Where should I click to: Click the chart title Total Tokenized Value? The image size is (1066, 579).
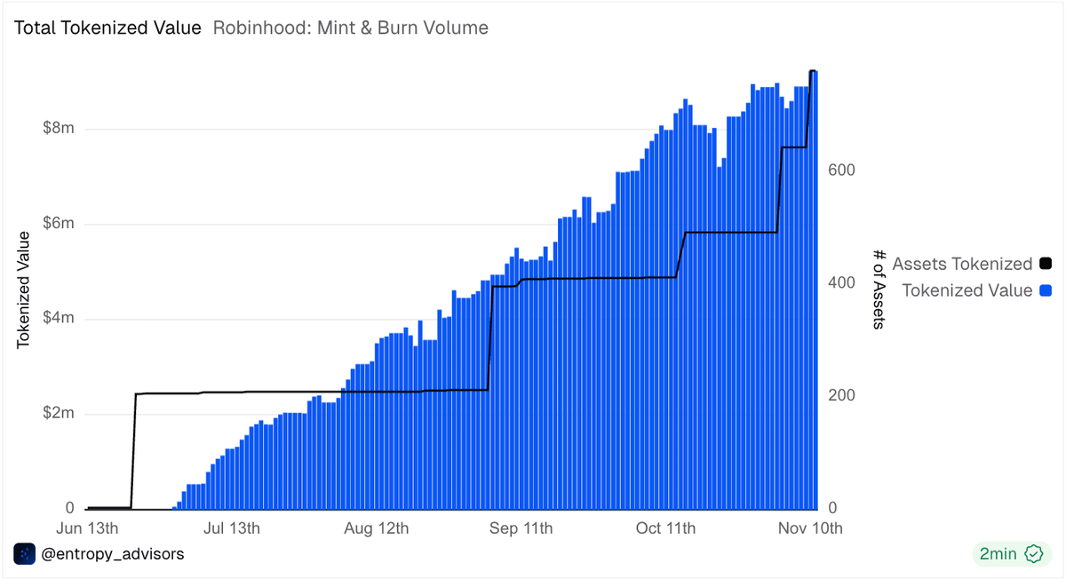(x=107, y=28)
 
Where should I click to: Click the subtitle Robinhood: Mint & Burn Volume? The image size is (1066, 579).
(x=351, y=28)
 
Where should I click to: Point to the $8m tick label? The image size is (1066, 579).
(x=59, y=129)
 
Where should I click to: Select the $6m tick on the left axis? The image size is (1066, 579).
(x=59, y=224)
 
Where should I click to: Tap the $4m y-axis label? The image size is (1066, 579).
(x=59, y=319)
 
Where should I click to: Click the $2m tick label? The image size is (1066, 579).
(x=59, y=414)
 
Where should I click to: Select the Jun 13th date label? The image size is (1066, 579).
(x=86, y=528)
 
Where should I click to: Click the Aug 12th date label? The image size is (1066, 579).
(x=377, y=528)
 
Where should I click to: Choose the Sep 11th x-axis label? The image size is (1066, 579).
(x=521, y=528)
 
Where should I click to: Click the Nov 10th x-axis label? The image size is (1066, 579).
(x=810, y=528)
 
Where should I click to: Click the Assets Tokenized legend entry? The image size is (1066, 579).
(x=962, y=264)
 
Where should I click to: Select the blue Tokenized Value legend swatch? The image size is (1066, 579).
(x=1046, y=290)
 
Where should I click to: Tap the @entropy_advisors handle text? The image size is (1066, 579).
(x=113, y=553)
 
